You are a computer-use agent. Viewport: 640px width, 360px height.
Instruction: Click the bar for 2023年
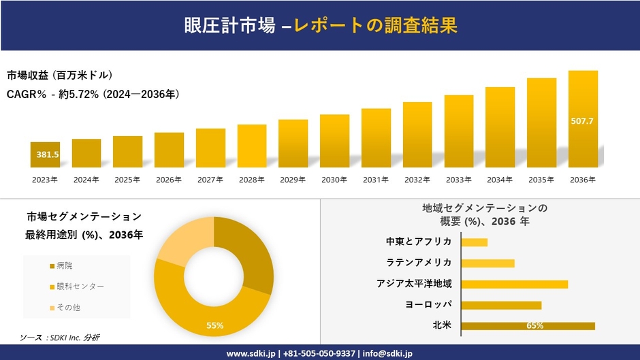45,154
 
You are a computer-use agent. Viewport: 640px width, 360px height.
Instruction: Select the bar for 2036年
583,118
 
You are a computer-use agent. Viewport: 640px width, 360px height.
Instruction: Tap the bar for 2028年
252,146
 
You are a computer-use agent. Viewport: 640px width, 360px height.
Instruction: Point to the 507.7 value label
583,121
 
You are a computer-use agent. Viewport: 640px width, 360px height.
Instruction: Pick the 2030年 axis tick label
334,180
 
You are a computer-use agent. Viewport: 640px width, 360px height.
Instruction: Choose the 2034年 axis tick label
500,180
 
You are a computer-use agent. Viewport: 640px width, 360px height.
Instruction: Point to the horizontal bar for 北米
528,326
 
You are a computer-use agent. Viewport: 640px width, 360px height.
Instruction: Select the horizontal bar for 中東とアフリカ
475,242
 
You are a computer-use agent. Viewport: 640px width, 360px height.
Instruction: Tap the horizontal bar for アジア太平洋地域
514,284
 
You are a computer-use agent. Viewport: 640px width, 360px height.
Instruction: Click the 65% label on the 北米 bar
534,326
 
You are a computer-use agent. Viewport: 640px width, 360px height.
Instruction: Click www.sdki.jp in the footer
251,353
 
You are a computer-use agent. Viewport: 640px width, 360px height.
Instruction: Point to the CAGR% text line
93,94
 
